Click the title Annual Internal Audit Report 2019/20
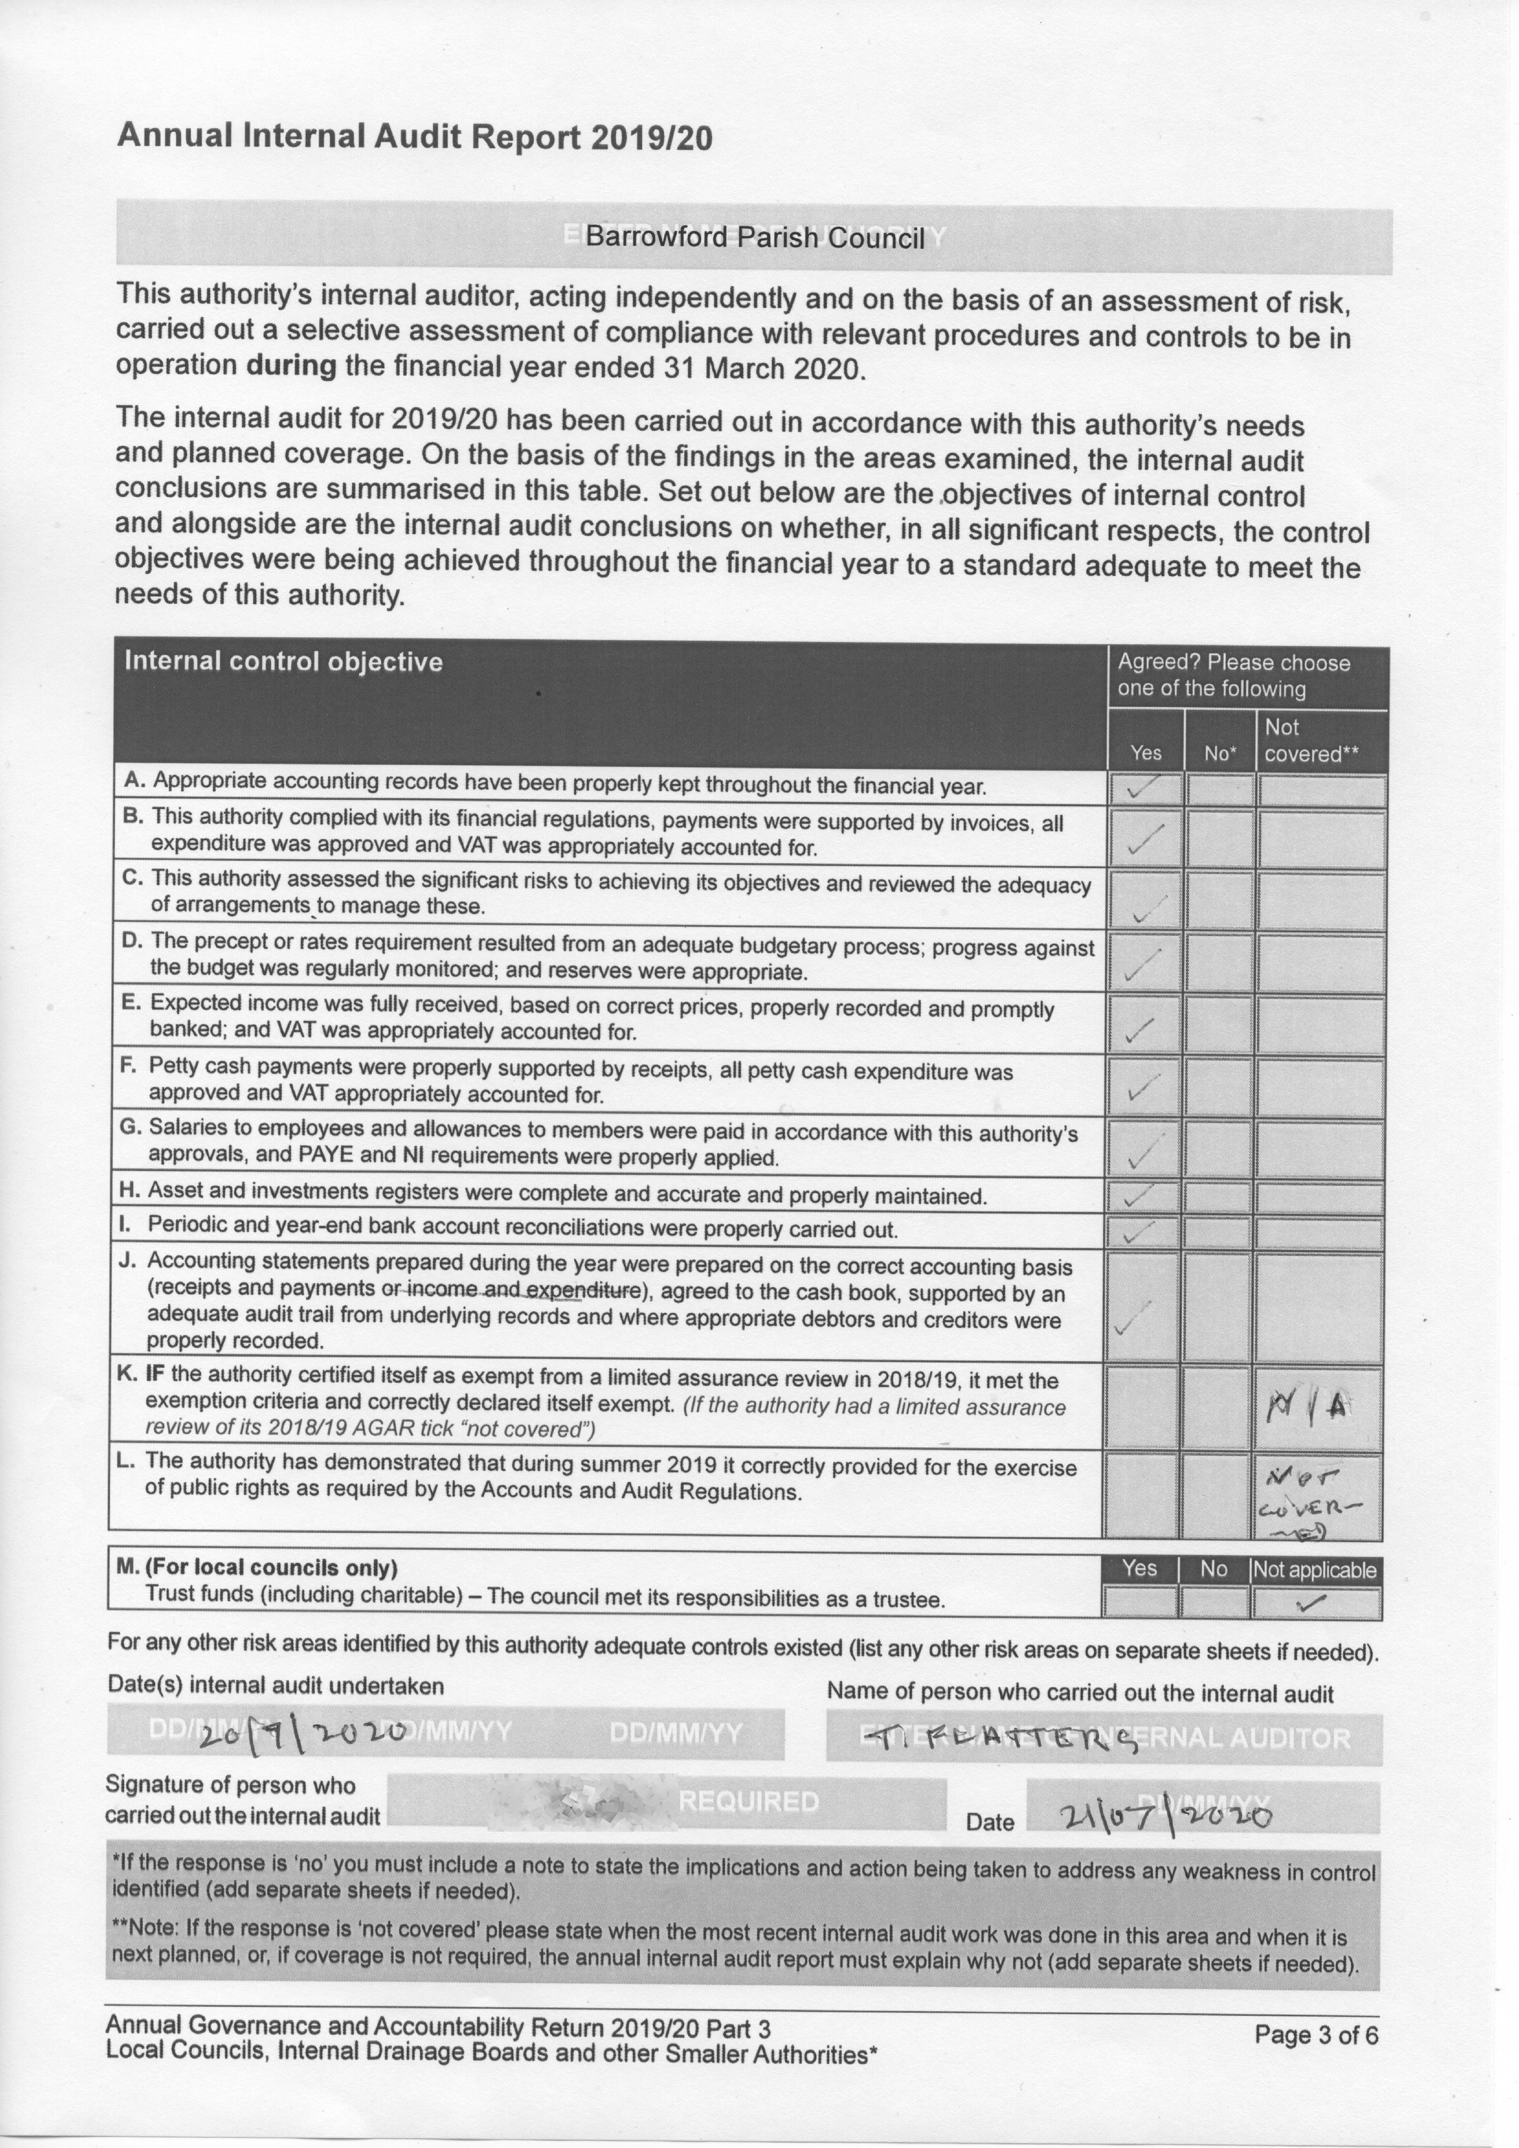414,137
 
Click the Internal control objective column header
284,662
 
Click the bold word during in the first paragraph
291,365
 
